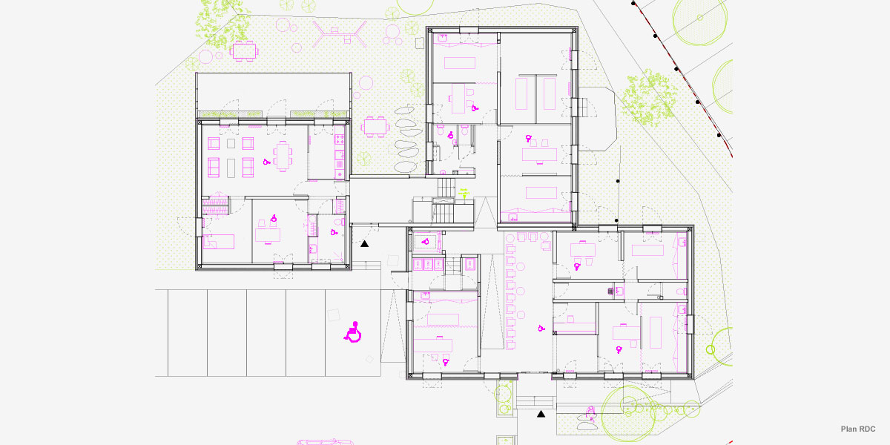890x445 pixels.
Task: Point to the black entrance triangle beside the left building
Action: (365, 243)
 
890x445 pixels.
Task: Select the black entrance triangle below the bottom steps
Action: (541, 413)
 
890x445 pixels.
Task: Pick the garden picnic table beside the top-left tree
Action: (245, 50)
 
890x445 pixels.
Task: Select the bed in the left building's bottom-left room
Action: (220, 241)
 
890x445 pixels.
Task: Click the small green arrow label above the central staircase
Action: (465, 192)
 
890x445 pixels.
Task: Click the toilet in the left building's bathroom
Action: (337, 222)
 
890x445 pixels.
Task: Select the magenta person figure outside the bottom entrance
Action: (591, 412)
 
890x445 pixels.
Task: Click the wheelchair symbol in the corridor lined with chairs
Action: (541, 328)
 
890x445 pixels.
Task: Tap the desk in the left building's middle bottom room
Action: (268, 234)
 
